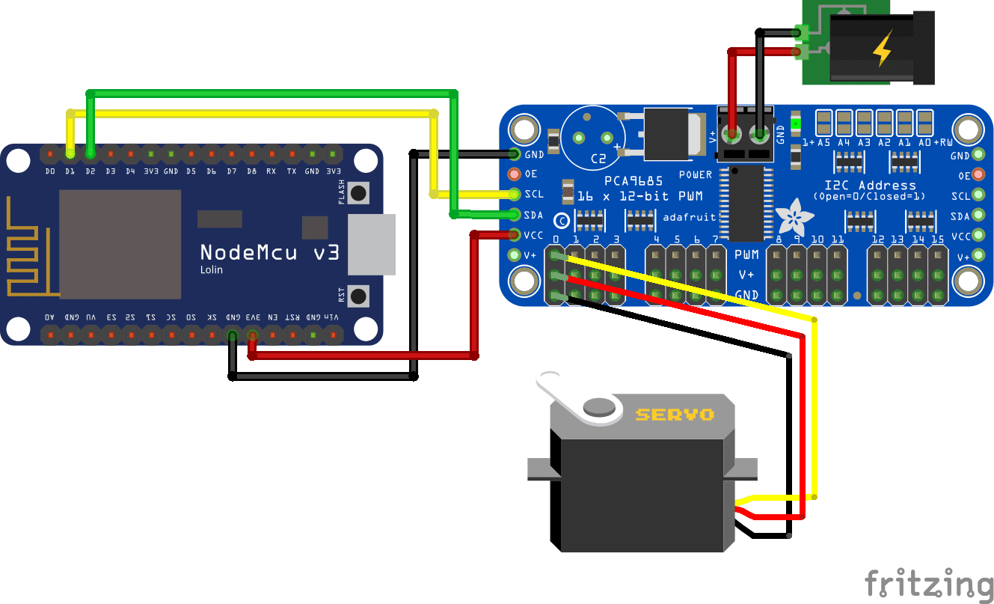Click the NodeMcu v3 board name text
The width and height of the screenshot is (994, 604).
coord(269,251)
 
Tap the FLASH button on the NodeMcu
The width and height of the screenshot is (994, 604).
coord(360,193)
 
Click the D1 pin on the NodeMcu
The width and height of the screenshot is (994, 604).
coord(70,153)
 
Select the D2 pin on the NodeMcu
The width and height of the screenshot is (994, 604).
coord(90,153)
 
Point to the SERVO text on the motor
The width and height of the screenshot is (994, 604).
coord(675,414)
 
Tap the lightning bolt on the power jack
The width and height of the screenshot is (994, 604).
coord(883,51)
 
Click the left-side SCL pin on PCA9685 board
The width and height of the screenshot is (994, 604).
coord(514,195)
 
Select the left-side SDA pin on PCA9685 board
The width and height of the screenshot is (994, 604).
coord(514,215)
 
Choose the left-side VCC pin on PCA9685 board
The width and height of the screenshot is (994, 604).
coord(514,235)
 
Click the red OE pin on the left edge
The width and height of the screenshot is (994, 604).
coord(514,174)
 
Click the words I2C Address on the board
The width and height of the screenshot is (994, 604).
coord(869,185)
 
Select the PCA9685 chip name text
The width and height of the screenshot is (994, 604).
coord(634,182)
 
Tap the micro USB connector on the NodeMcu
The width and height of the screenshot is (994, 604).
coord(372,245)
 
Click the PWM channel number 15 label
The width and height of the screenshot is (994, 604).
coord(938,240)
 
